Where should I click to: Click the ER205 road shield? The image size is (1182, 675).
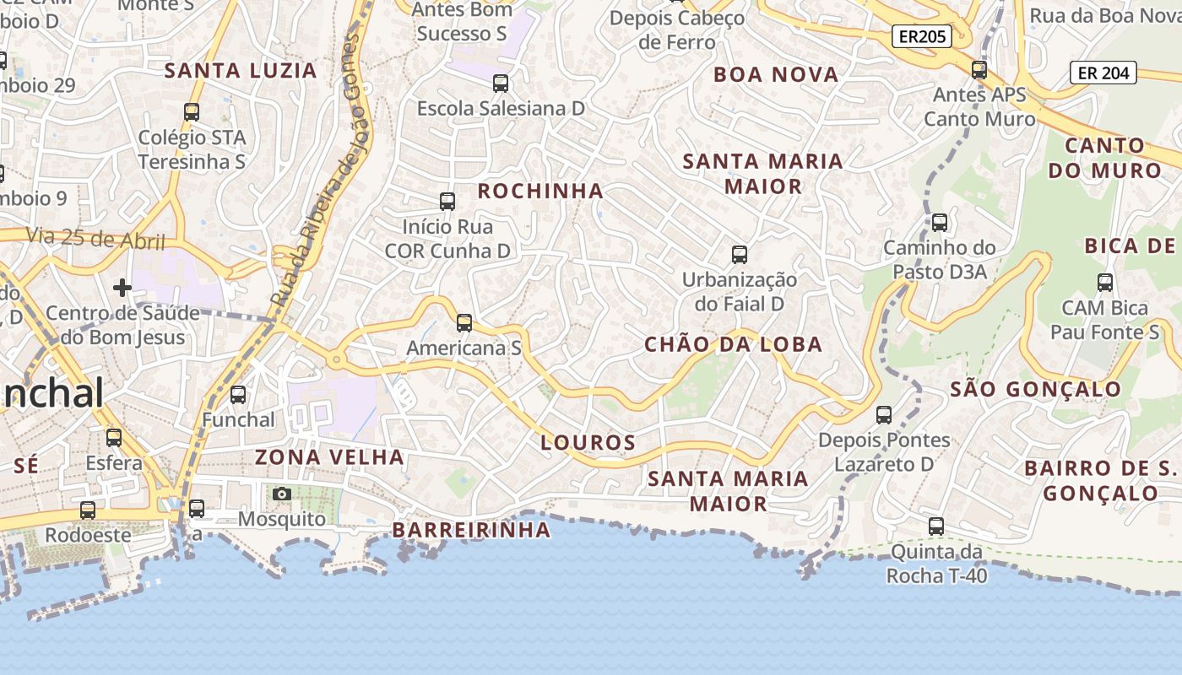click(922, 36)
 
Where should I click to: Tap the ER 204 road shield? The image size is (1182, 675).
click(1103, 73)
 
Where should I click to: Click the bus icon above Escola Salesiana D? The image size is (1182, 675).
click(501, 84)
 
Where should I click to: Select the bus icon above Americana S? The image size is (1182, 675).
click(464, 323)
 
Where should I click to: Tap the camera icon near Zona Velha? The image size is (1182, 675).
click(282, 494)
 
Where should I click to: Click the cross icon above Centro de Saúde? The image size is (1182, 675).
click(122, 288)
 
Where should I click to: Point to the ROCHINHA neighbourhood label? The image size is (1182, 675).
click(540, 192)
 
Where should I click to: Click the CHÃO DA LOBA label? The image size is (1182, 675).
click(733, 344)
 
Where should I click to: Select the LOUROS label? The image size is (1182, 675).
click(588, 442)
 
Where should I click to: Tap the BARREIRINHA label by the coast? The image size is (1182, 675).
click(471, 530)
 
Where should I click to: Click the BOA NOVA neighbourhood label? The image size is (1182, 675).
click(776, 74)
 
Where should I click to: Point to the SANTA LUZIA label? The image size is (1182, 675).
click(241, 71)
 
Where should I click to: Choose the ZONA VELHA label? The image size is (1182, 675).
click(329, 457)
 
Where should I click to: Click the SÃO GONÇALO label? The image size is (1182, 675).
click(1035, 389)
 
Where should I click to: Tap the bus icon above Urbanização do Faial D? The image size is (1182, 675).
click(740, 254)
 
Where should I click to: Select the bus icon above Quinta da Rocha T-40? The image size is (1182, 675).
click(936, 526)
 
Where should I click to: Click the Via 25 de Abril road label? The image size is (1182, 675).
click(95, 239)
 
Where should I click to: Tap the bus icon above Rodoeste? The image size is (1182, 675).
click(88, 510)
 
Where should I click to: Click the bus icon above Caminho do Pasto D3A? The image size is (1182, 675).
click(939, 223)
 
